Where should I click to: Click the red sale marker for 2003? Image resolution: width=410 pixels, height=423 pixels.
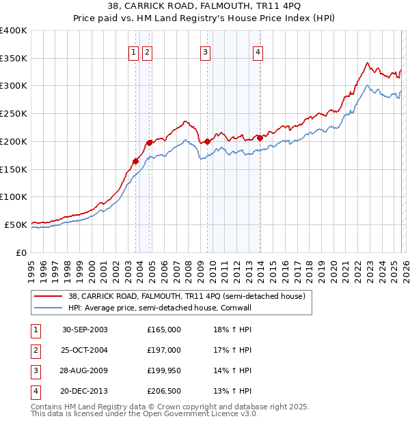136,161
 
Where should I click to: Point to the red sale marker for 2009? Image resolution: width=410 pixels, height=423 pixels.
208,141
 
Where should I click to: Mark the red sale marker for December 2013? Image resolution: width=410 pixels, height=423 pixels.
260,138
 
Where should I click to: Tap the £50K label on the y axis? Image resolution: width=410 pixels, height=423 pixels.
16,224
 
